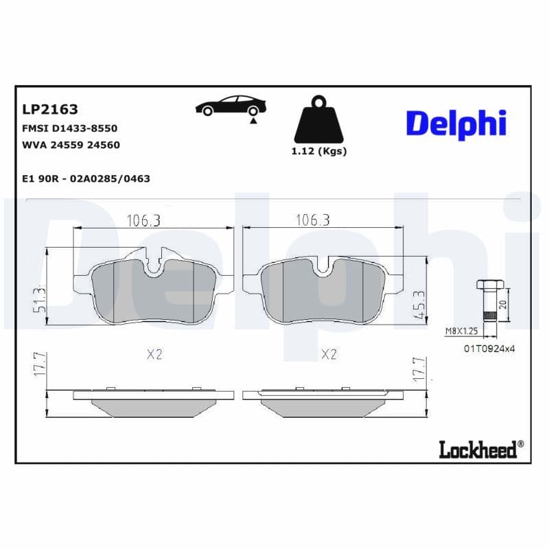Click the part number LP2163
pyautogui.click(x=50, y=109)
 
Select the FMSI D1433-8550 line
pyautogui.click(x=70, y=128)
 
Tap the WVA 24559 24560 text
pyautogui.click(x=71, y=145)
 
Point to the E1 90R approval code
pyautogui.click(x=86, y=178)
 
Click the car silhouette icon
pyautogui.click(x=230, y=106)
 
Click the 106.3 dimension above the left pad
pyautogui.click(x=143, y=220)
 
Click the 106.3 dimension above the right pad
pyautogui.click(x=312, y=220)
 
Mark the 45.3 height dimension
pyautogui.click(x=417, y=303)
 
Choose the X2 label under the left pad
pyautogui.click(x=154, y=354)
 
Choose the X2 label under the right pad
pyautogui.click(x=329, y=354)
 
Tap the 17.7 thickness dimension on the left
pyautogui.click(x=40, y=364)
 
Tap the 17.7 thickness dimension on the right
pyautogui.click(x=417, y=369)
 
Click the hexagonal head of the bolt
pyautogui.click(x=489, y=285)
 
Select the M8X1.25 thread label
pyautogui.click(x=460, y=331)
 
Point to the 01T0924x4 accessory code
pyautogui.click(x=489, y=349)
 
